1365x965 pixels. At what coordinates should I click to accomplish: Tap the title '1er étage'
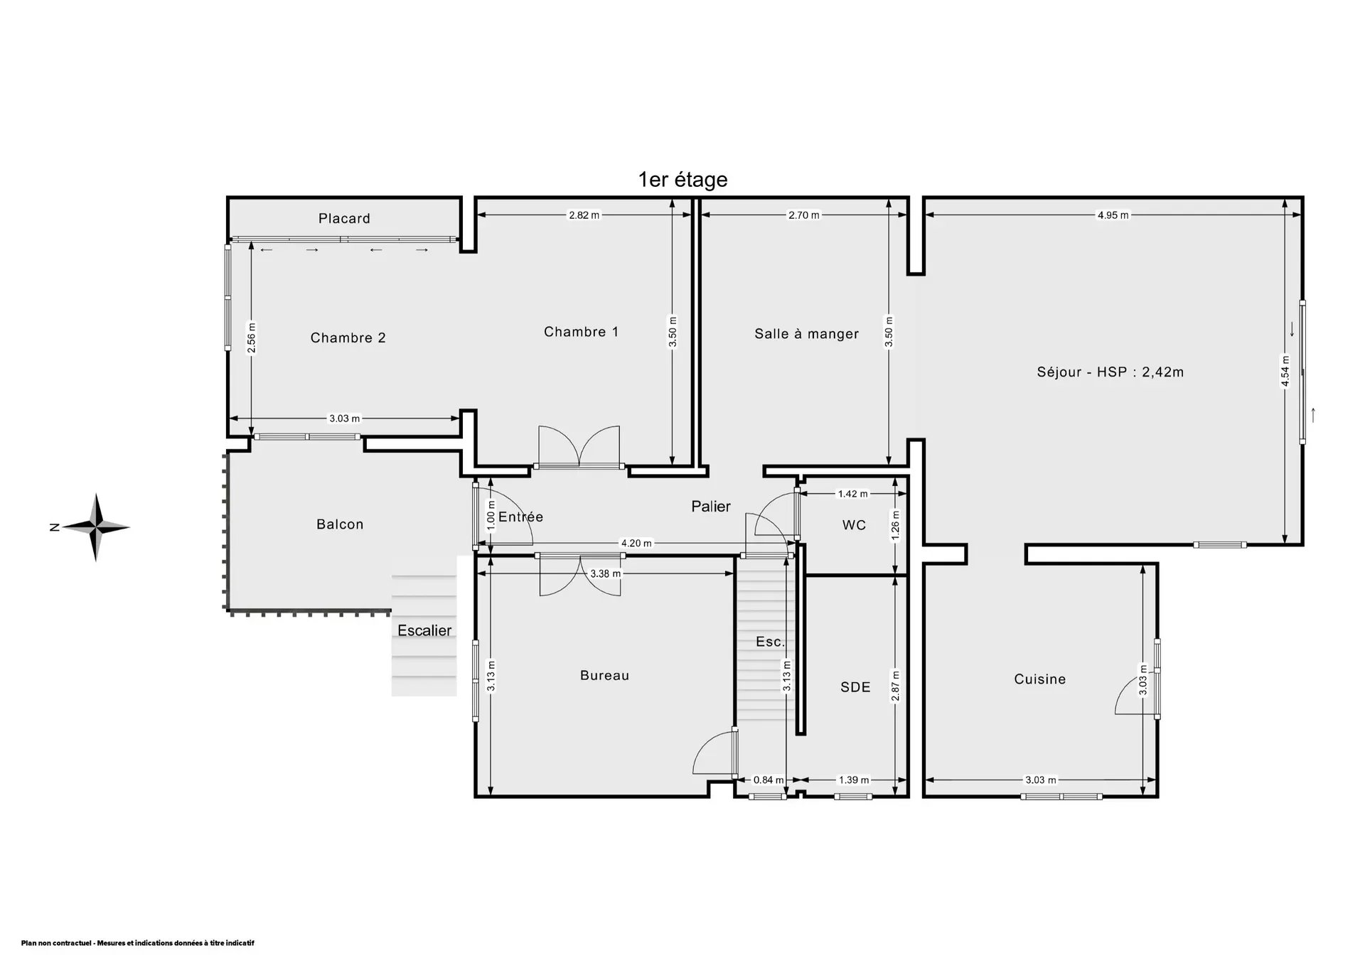click(682, 180)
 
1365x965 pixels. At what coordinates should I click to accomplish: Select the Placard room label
click(344, 218)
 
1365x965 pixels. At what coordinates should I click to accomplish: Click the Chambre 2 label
click(348, 338)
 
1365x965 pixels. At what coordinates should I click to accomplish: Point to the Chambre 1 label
click(581, 332)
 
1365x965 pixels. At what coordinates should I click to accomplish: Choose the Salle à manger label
click(806, 334)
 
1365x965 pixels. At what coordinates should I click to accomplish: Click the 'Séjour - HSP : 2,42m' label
click(1110, 372)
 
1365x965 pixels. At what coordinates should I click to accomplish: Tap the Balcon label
click(340, 524)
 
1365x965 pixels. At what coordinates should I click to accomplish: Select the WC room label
click(854, 525)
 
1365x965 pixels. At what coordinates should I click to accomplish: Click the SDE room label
click(855, 687)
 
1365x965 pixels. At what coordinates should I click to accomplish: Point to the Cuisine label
click(1039, 679)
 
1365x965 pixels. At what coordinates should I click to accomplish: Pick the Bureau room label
click(604, 676)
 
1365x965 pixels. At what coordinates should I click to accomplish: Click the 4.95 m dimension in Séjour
click(1113, 215)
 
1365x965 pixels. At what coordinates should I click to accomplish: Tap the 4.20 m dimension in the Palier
click(636, 544)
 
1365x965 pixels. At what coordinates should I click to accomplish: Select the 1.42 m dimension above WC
click(853, 494)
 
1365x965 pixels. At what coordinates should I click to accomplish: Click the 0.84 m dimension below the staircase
click(769, 780)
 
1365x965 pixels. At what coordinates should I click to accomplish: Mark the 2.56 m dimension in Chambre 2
click(252, 338)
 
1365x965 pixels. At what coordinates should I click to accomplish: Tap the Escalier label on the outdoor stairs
click(424, 630)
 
